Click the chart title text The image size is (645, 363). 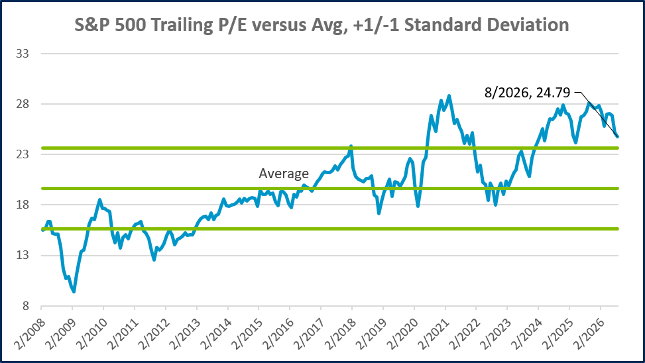pos(322,25)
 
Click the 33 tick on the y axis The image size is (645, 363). pos(23,54)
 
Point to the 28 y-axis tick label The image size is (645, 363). pos(23,104)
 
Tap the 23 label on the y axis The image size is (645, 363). pos(23,154)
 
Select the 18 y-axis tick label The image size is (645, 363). pos(23,205)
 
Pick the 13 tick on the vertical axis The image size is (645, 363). pos(23,255)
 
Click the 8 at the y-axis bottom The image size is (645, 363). pos(25,306)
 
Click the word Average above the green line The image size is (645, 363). pos(284,174)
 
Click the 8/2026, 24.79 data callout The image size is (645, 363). pos(528,93)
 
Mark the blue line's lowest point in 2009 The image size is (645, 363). pos(74,291)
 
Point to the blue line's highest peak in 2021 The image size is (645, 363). pos(449,96)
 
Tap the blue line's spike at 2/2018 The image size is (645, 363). pos(351,146)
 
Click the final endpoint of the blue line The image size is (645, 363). pos(617,137)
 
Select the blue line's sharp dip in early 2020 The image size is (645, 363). pos(418,205)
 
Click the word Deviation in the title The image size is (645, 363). pos(528,25)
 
